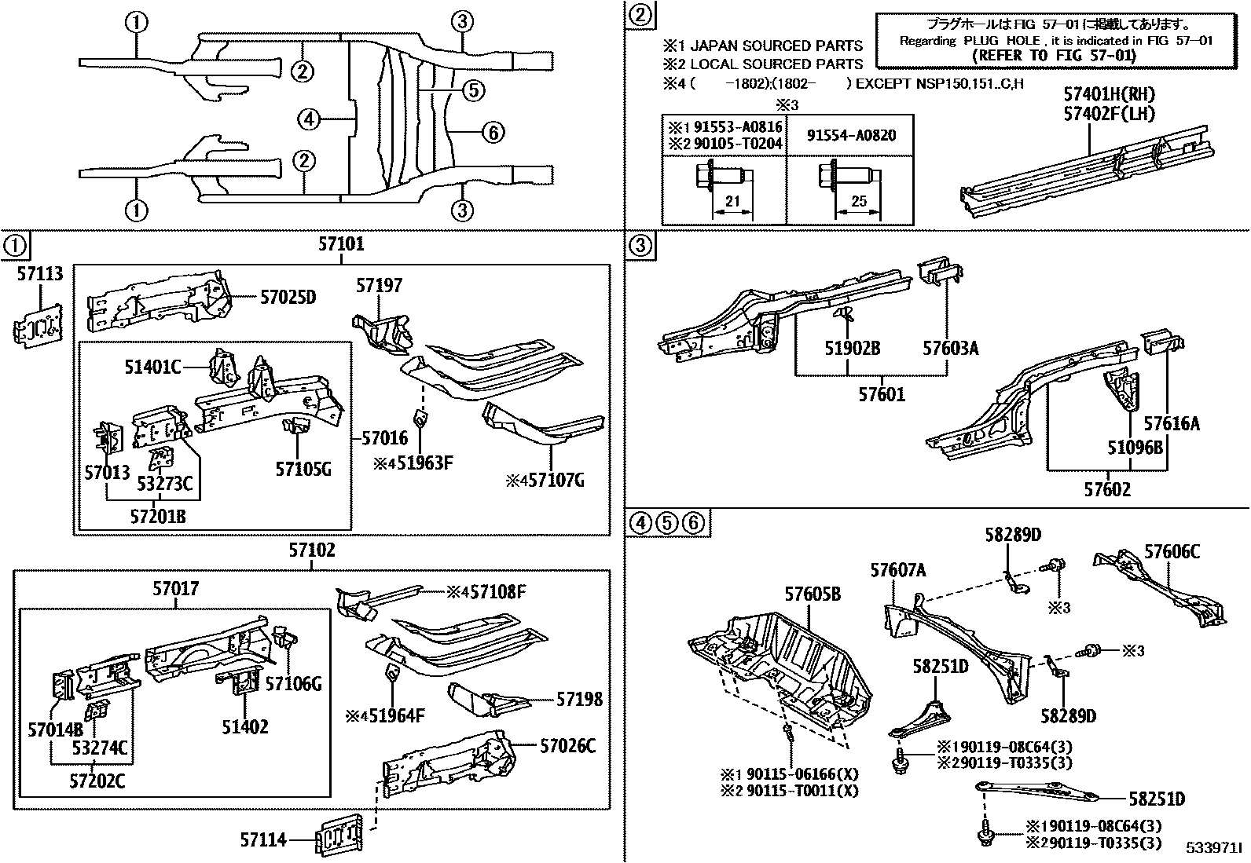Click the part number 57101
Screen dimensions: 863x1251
tap(341, 245)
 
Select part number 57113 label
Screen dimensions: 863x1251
tap(40, 273)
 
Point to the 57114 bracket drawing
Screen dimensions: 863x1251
tap(340, 835)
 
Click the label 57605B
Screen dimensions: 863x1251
tap(812, 594)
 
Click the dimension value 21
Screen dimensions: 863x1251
tap(732, 202)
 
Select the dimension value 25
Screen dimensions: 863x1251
tap(859, 202)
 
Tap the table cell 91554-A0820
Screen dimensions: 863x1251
tap(850, 135)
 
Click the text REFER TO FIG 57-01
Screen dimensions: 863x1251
tap(1054, 56)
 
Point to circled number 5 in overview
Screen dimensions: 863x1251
tap(472, 90)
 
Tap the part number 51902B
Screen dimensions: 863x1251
tap(852, 347)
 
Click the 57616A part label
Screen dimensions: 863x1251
tap(1172, 424)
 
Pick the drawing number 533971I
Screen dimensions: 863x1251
tap(1214, 849)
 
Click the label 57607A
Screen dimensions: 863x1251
tap(897, 570)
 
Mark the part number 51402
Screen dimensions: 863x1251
tap(244, 727)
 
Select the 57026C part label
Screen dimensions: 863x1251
tap(567, 746)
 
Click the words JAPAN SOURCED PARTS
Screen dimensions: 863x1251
tap(776, 46)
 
